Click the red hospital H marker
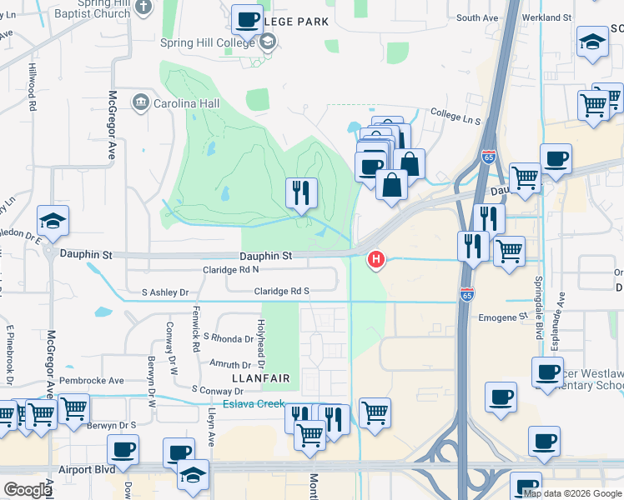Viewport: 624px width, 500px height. (x=376, y=261)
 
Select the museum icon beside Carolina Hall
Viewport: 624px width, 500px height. (x=140, y=102)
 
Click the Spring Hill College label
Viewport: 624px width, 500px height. (x=207, y=42)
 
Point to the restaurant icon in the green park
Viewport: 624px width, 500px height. (x=301, y=193)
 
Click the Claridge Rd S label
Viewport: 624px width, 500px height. (x=282, y=291)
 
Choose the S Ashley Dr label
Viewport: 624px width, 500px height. (x=165, y=292)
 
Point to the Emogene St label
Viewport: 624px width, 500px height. (x=504, y=317)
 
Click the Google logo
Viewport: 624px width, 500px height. (x=28, y=489)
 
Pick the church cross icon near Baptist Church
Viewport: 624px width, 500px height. (x=143, y=7)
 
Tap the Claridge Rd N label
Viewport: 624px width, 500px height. (x=231, y=270)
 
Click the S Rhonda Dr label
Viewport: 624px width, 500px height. (x=221, y=338)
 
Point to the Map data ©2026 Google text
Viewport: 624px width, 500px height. (x=573, y=493)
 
